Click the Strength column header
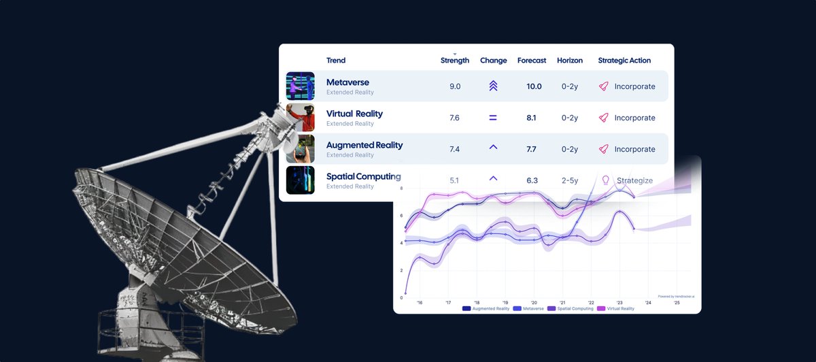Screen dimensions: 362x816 [455, 61]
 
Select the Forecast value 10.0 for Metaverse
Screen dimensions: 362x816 [534, 86]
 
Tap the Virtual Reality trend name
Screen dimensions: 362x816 [354, 114]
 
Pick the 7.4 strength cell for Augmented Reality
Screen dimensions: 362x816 [455, 149]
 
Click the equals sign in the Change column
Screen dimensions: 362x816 [493, 118]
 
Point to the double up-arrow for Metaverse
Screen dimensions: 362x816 [493, 86]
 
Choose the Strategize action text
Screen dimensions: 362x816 [634, 180]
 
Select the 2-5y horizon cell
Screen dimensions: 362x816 [569, 180]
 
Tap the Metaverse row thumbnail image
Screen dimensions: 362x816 [300, 86]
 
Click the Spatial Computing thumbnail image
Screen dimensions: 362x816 [300, 180]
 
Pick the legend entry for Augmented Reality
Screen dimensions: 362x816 [487, 308]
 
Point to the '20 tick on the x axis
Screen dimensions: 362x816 [534, 302]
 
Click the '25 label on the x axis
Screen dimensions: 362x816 [677, 302]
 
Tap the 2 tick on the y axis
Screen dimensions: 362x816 [401, 270]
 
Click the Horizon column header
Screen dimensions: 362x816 [570, 61]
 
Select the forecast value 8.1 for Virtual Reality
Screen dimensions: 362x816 [532, 118]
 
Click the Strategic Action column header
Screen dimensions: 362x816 [624, 61]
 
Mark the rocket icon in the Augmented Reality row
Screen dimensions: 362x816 [602, 149]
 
